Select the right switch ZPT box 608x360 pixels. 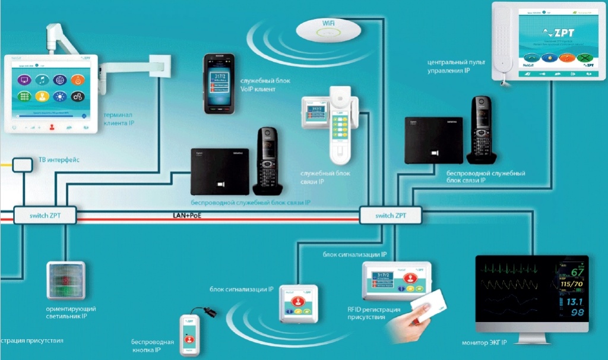[391, 215]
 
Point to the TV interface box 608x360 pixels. [22, 163]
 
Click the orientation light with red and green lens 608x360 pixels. [65, 280]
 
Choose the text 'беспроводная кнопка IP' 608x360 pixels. [153, 346]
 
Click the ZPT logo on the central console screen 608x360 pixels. [561, 33]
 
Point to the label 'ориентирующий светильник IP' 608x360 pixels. [71, 313]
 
